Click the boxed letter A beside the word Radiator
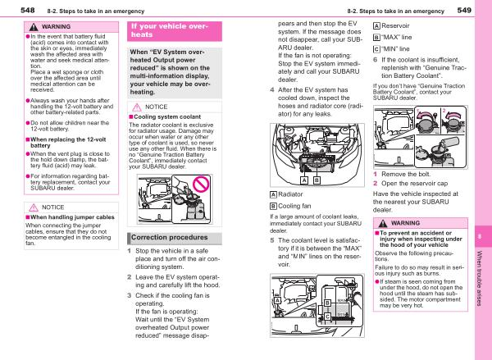coord(273,194)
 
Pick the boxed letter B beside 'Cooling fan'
coord(273,205)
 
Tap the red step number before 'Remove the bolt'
coord(375,174)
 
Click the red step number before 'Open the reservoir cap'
coord(375,184)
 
